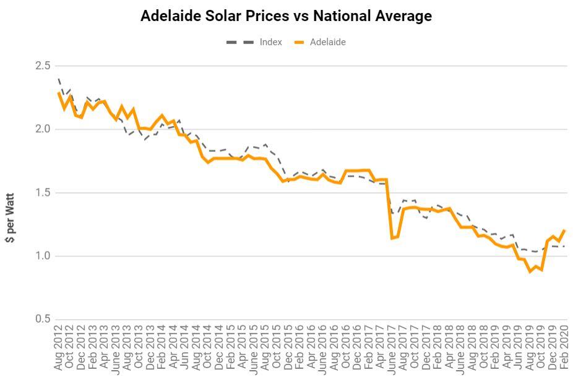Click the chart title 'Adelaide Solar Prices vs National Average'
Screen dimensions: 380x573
pyautogui.click(x=286, y=16)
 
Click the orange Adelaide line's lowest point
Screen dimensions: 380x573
pyautogui.click(x=530, y=271)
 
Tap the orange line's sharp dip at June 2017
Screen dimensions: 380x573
pyautogui.click(x=392, y=238)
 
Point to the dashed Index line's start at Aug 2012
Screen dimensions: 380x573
pyautogui.click(x=59, y=78)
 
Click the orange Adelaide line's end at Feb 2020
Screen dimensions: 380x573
pyautogui.click(x=564, y=230)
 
